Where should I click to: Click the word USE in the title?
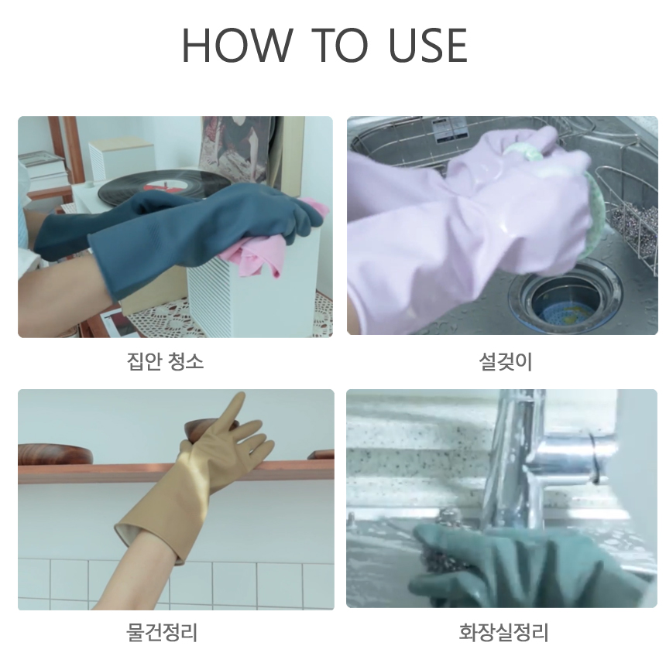coord(427,45)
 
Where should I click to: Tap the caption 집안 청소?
coord(165,361)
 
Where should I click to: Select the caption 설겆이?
coord(505,361)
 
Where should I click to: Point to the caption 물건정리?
coord(162,632)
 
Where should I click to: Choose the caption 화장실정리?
coord(503,632)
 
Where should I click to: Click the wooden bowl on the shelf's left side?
coord(55,454)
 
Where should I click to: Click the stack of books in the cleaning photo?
coord(43,169)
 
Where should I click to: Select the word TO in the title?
coord(339,45)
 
